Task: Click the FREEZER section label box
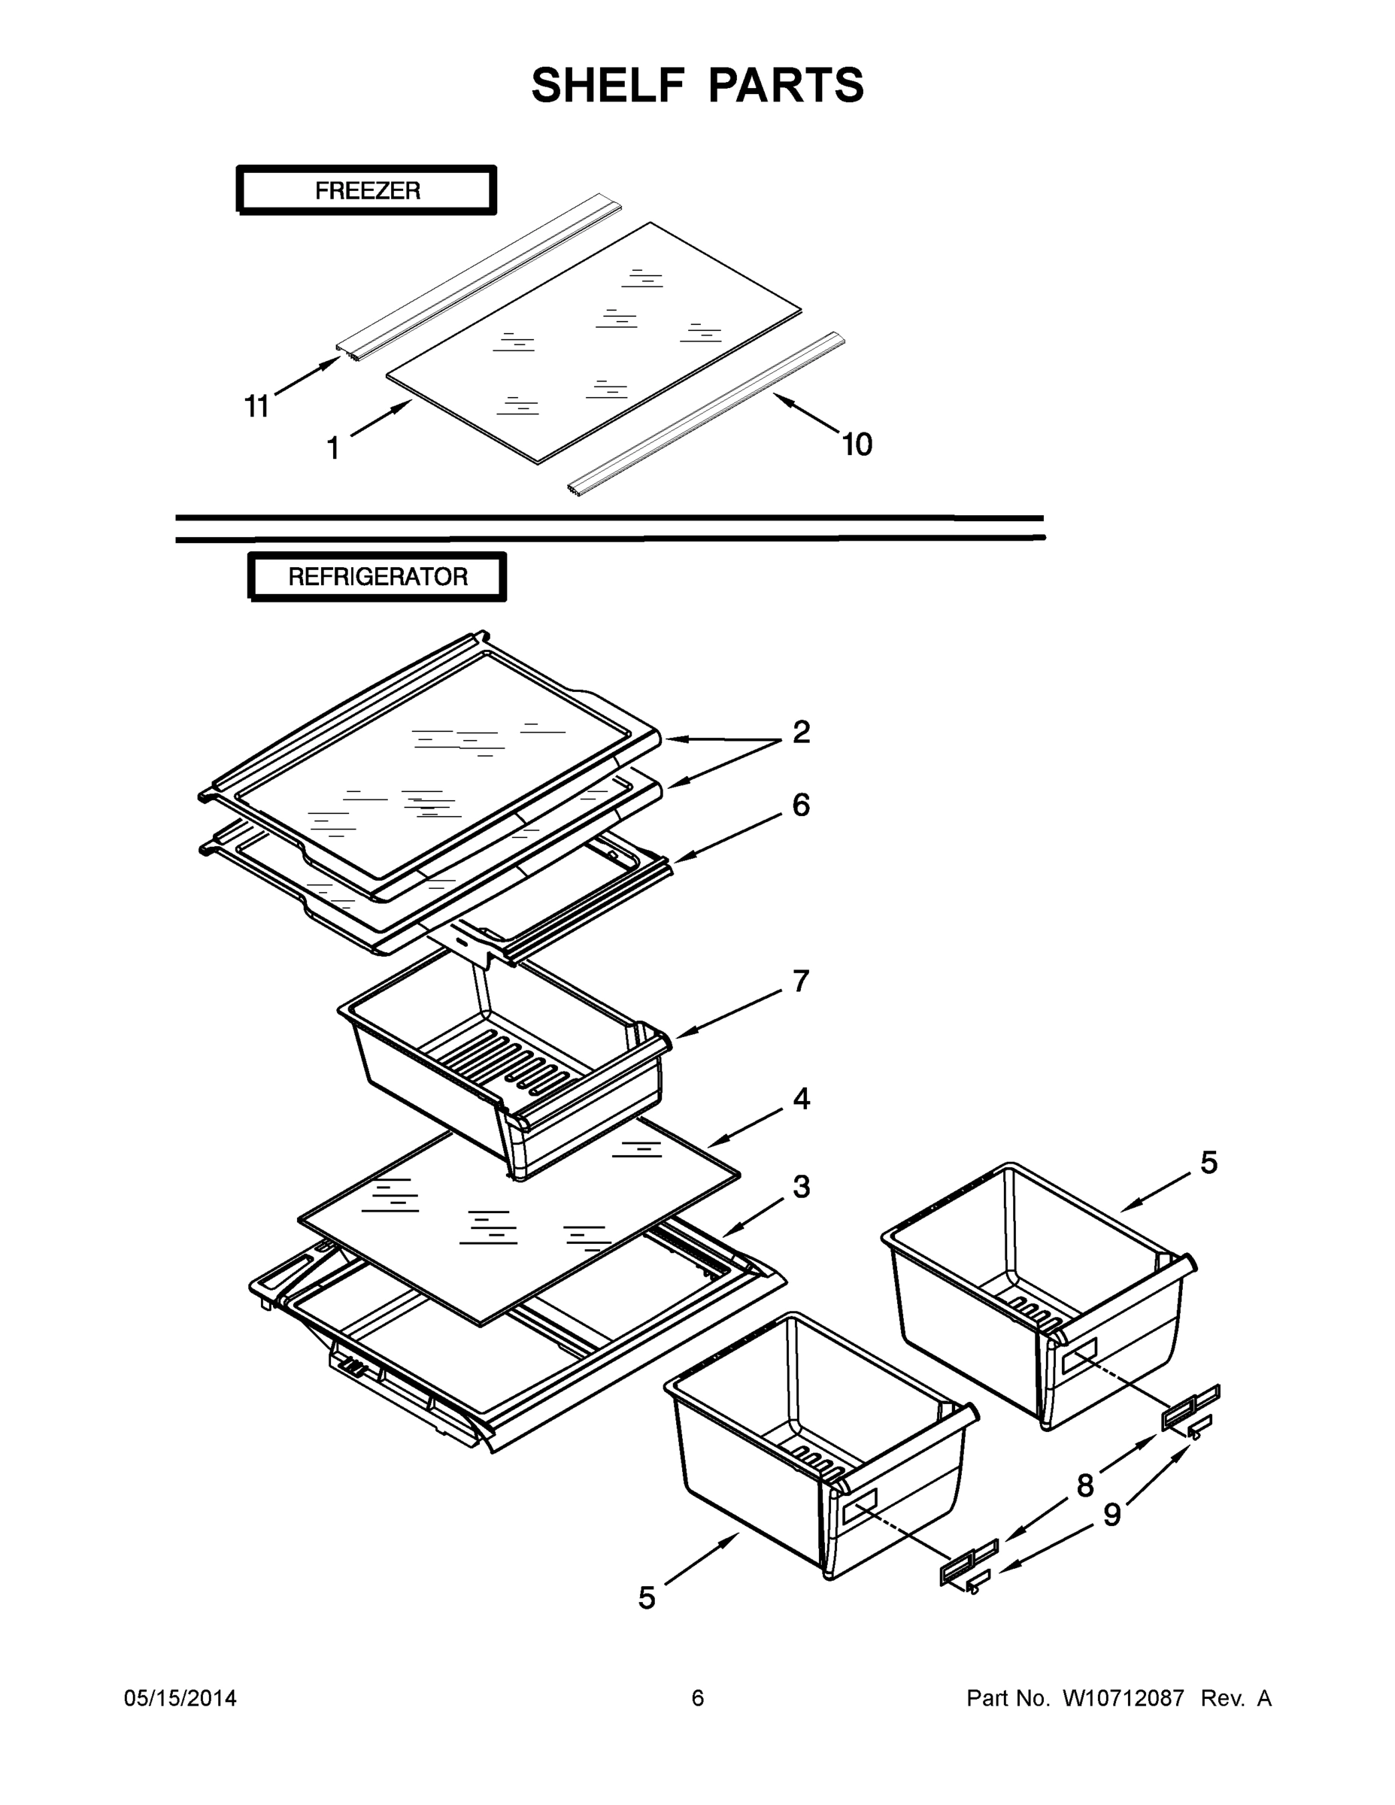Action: [x=367, y=190]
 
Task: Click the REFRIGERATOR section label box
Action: [x=378, y=576]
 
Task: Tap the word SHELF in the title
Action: [x=608, y=85]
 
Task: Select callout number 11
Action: [x=256, y=406]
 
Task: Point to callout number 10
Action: [x=857, y=444]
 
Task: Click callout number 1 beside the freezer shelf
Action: [x=333, y=449]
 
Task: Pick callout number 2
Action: [x=801, y=732]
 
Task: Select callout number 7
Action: [x=801, y=981]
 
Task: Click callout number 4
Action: [x=801, y=1098]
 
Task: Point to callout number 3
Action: [x=801, y=1187]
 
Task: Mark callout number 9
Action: [x=1112, y=1515]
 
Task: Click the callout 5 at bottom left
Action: [x=647, y=1598]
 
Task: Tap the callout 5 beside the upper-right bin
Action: [x=1208, y=1163]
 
